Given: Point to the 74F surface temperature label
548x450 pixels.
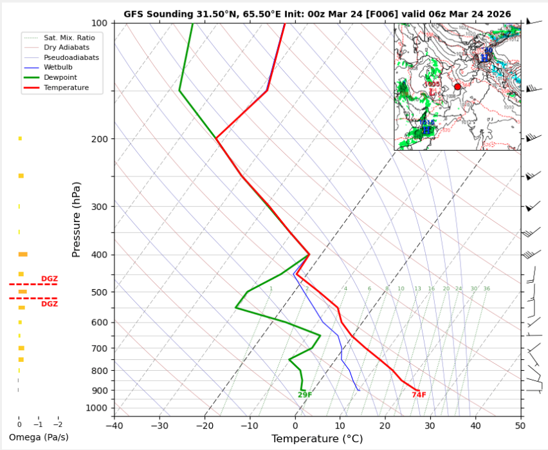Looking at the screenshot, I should (x=419, y=395).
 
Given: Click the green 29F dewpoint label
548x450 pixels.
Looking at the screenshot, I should (x=305, y=395).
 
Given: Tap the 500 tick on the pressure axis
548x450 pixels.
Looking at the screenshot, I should (x=99, y=292).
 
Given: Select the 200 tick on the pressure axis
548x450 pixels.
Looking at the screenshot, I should (x=99, y=139).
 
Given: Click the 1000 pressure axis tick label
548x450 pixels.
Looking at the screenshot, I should (x=96, y=408).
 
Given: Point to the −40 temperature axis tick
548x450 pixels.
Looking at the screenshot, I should (x=114, y=425).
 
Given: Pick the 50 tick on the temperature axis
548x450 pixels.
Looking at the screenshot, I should (x=520, y=425).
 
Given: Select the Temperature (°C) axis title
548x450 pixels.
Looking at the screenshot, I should (x=317, y=439).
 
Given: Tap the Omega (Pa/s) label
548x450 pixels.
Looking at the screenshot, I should (x=39, y=437).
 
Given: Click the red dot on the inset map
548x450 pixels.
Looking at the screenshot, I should (x=457, y=86).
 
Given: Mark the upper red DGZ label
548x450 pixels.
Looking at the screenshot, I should (x=50, y=279).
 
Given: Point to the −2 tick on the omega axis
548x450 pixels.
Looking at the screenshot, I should (x=57, y=424).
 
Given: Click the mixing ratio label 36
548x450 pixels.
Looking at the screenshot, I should (x=487, y=289).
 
